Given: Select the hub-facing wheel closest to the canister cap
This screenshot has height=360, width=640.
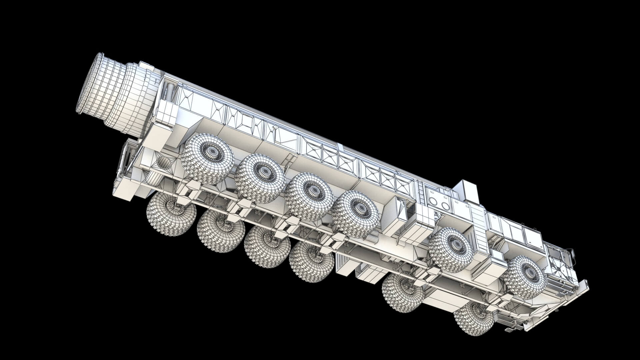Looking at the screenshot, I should point(208,159).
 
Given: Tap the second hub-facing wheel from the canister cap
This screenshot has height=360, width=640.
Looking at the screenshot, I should point(260,178).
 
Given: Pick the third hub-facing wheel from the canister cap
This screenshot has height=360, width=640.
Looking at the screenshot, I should point(309,196).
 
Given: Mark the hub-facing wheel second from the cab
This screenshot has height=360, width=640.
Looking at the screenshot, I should point(451,249).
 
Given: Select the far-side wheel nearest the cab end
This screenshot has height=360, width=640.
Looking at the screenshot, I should point(473,319).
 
